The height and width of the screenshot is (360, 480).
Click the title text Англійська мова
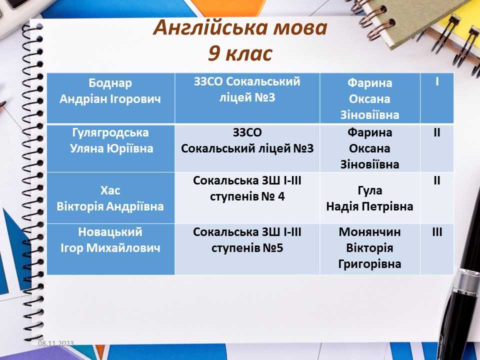point(240,27)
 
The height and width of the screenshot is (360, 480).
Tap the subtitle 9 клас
point(240,53)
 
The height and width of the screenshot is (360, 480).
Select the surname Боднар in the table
point(110,83)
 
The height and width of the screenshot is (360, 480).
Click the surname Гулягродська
point(110,133)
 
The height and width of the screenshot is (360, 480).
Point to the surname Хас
point(110,190)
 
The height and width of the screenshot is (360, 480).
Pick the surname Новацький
point(110,232)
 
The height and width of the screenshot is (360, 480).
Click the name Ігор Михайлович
point(110,248)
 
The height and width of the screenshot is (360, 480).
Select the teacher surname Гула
point(370,190)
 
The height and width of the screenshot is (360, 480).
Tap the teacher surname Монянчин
point(370,232)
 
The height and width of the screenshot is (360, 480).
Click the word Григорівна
point(370,264)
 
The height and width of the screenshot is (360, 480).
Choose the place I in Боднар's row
point(437,81)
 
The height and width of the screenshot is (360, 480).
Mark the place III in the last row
point(437,232)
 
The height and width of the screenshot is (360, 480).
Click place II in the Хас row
point(437,180)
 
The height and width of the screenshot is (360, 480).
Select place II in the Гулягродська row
point(437,132)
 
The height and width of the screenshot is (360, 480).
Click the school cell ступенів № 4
point(247,196)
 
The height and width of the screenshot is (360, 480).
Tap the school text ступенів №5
point(247,248)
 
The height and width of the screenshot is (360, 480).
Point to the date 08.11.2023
point(56,343)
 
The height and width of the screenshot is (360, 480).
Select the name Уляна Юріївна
point(111,149)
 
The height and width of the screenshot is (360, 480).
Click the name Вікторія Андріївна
point(110,206)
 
